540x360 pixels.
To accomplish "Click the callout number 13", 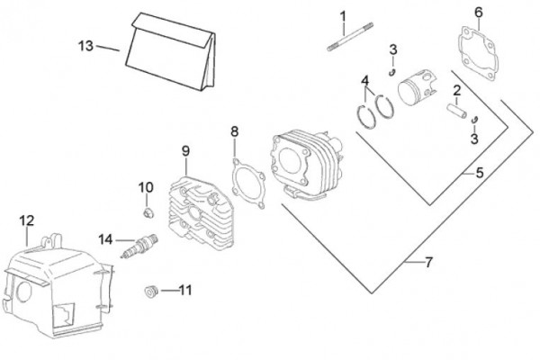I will click(85, 46).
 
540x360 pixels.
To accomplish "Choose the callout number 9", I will click(184, 150).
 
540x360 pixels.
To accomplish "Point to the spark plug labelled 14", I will click(141, 244).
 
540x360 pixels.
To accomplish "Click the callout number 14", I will click(105, 239).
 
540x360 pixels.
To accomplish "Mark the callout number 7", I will click(428, 262).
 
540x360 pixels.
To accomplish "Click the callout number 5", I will click(479, 171).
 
